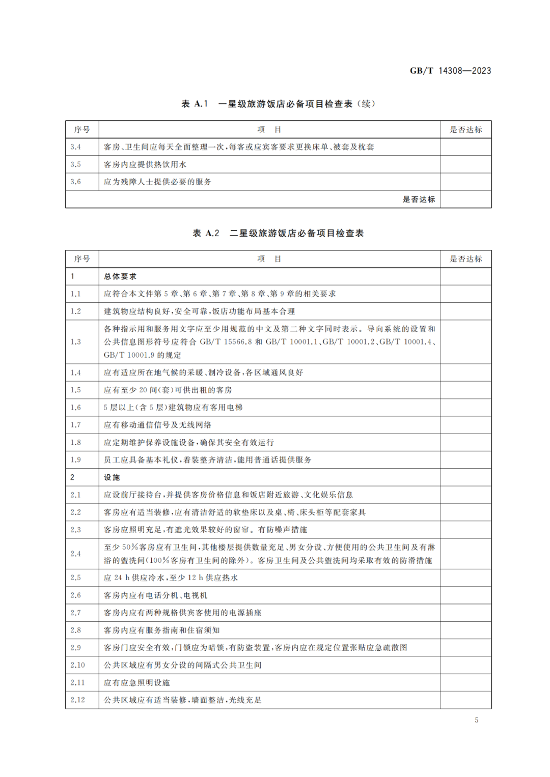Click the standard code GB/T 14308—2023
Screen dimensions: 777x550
tap(450, 71)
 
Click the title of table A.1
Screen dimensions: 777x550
tap(278, 104)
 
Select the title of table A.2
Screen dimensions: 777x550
tap(278, 233)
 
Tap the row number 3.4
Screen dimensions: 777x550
tap(75, 147)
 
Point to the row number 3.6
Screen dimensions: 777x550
tap(75, 182)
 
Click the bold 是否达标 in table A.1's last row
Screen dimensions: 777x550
tap(419, 199)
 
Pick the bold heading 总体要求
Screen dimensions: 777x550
tap(120, 276)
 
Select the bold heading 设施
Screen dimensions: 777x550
tap(112, 477)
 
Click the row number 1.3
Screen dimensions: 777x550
tap(75, 342)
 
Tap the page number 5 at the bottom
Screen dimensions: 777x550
tap(476, 720)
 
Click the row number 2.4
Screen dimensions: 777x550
tap(75, 554)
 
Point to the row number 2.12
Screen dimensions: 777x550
tap(77, 700)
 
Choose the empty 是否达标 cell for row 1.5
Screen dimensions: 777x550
tap(465, 390)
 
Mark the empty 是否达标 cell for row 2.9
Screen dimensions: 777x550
tap(465, 648)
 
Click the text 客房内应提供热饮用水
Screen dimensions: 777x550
tap(145, 164)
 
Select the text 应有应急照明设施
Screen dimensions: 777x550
tap(136, 683)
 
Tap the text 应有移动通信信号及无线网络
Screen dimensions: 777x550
tap(157, 425)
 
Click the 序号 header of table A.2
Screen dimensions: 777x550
tap(82, 259)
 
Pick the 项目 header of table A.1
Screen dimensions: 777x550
tap(269, 130)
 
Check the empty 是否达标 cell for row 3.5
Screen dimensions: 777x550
tap(465, 164)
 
